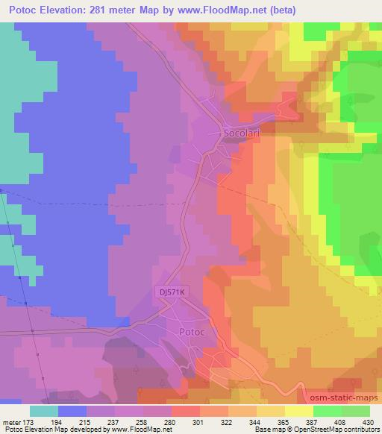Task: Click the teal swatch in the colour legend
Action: pyautogui.click(x=44, y=410)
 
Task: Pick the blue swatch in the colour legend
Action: pyautogui.click(x=72, y=410)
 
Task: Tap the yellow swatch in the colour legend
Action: pyautogui.click(x=298, y=410)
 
